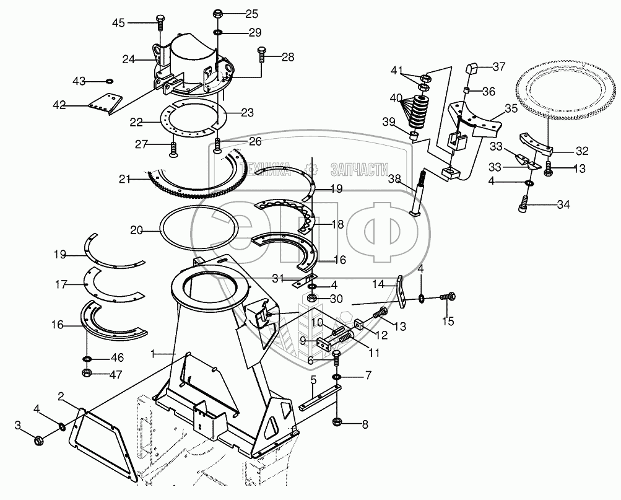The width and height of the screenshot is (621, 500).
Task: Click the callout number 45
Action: tap(118, 23)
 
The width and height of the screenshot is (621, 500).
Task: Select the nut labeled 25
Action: tap(217, 14)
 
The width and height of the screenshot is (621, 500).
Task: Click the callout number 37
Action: tap(499, 66)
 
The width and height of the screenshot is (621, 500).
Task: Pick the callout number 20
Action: tap(137, 230)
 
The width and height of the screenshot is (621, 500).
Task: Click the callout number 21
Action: tap(125, 179)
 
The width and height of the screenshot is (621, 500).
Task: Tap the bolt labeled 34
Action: tap(524, 204)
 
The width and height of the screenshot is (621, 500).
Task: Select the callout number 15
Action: tap(448, 321)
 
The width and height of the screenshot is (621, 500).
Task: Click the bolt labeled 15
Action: tap(449, 298)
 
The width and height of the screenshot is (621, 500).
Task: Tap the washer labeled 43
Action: tap(110, 81)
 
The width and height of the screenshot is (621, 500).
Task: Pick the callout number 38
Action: tap(394, 178)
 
